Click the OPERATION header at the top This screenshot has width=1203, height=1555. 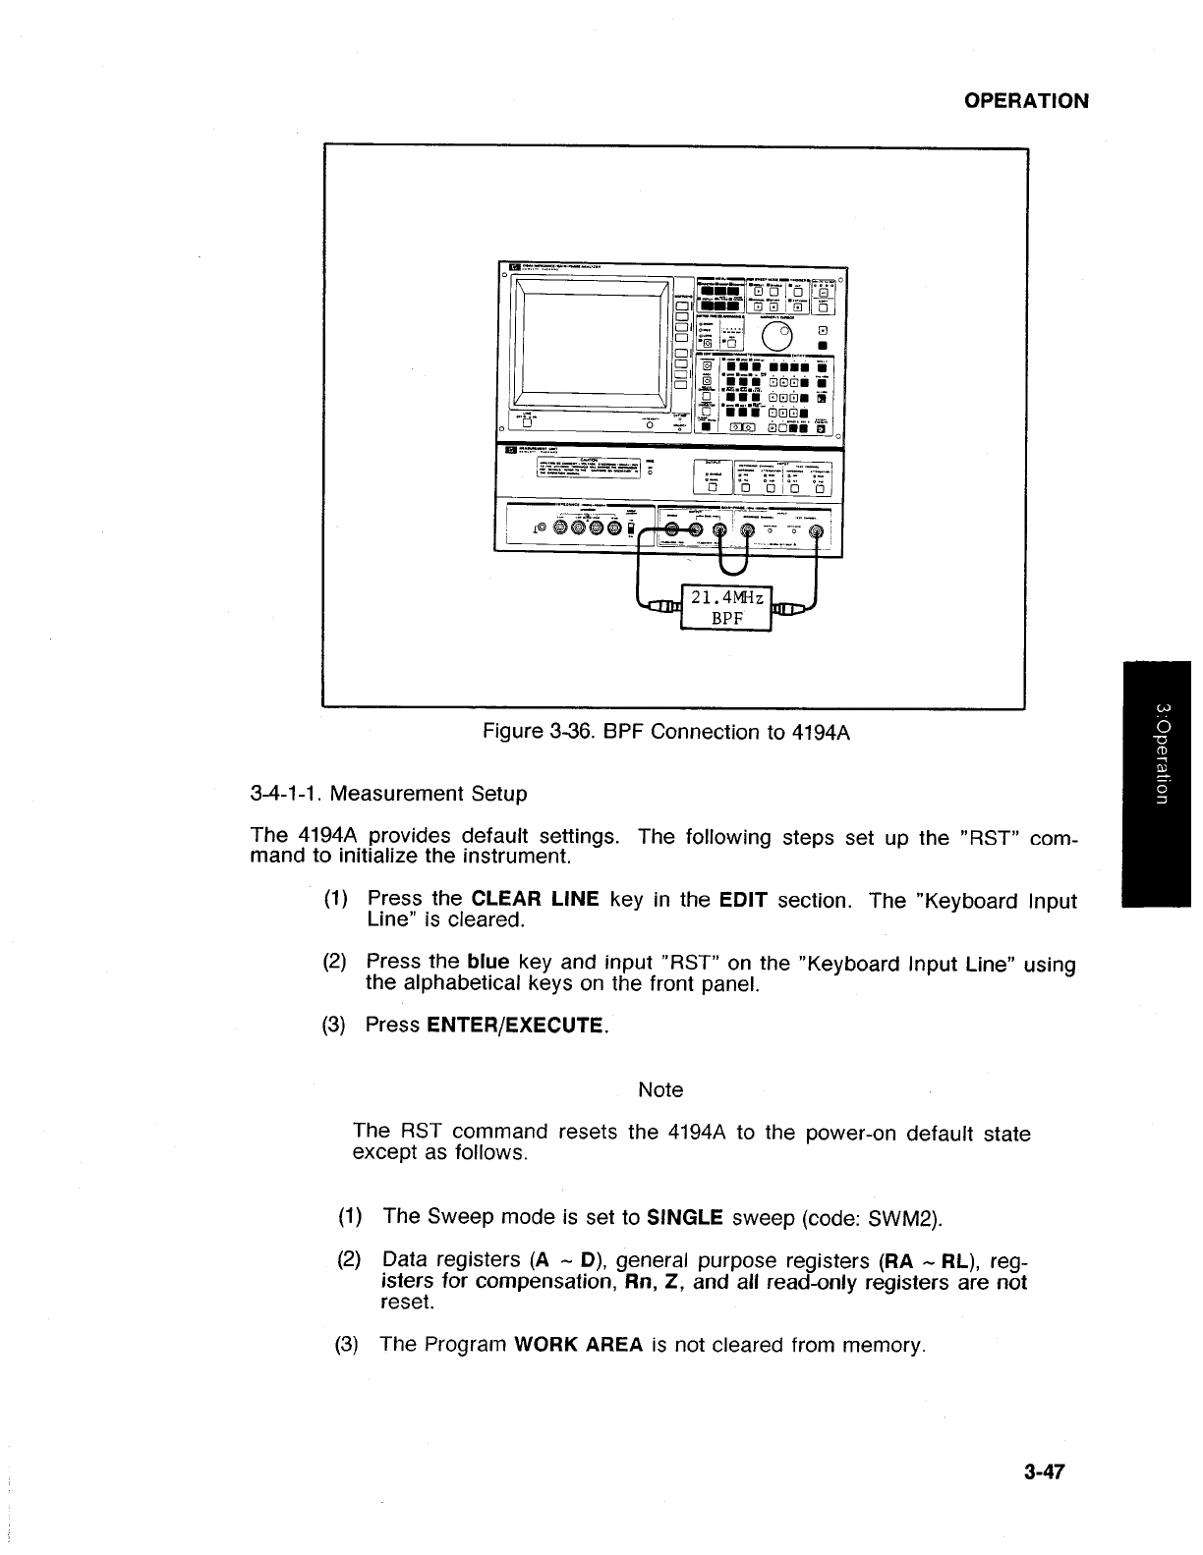coord(1026,101)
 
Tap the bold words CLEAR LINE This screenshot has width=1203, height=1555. coord(536,900)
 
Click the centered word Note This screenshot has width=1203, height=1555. coord(660,1089)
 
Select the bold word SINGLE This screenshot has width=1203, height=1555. coord(685,1218)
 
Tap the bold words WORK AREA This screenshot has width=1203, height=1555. coord(578,1344)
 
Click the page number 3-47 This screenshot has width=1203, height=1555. coord(1045,1472)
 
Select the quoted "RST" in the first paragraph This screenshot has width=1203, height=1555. coord(993,838)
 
